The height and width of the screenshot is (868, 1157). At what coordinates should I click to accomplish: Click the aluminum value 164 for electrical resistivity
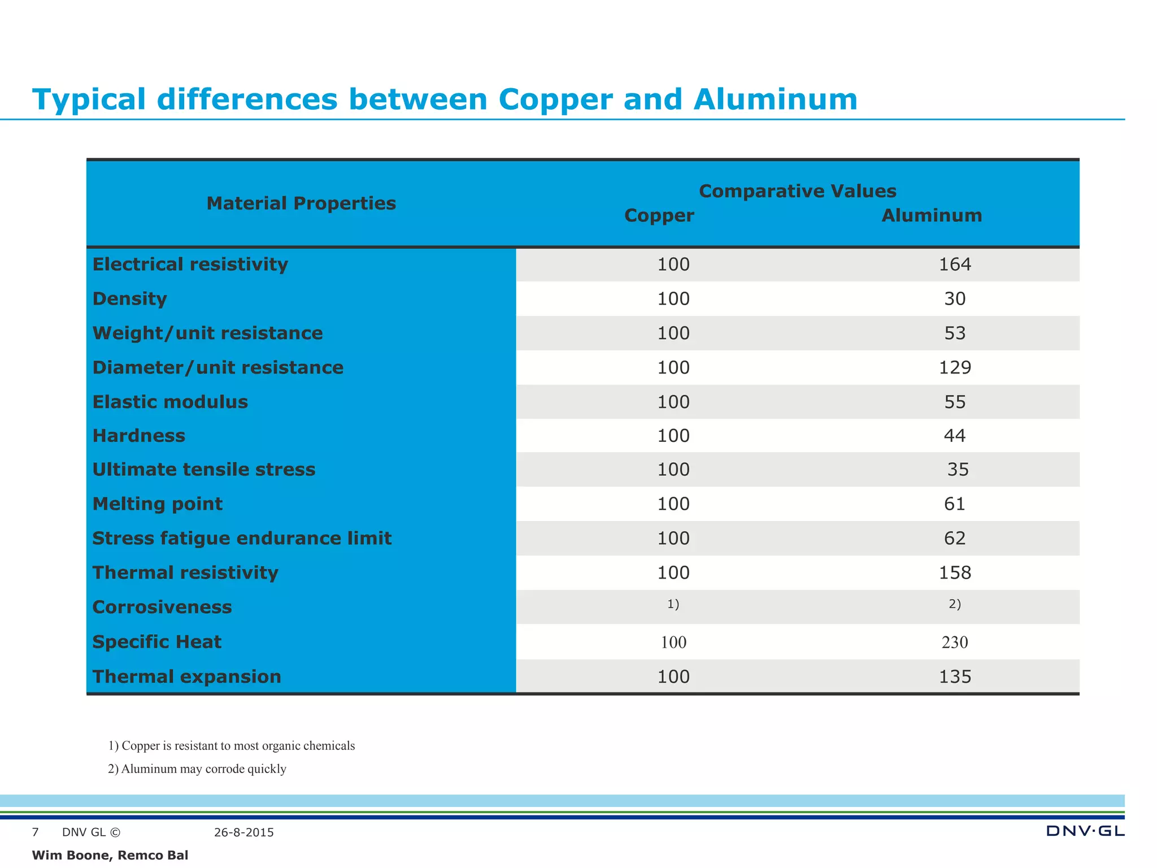[x=954, y=264]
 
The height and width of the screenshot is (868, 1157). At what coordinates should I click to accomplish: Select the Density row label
[x=129, y=298]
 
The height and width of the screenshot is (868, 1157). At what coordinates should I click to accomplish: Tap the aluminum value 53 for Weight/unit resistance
[x=954, y=333]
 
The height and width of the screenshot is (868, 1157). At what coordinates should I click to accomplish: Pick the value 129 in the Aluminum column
[x=954, y=368]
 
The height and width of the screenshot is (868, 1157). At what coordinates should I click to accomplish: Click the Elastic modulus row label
[x=170, y=402]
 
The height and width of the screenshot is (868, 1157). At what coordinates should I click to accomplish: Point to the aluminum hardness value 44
[x=954, y=436]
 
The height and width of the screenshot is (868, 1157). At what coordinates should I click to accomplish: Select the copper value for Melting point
[x=673, y=504]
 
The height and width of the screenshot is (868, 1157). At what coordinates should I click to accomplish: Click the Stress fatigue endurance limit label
[x=242, y=538]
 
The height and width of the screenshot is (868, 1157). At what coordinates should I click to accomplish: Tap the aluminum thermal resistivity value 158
[x=954, y=572]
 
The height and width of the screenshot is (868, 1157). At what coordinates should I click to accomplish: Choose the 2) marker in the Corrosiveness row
[x=954, y=604]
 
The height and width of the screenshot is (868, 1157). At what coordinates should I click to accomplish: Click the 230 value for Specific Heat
[x=954, y=642]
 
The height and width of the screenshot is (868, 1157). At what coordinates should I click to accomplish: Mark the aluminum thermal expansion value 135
[x=954, y=676]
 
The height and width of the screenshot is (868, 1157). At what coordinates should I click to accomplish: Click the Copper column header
[x=659, y=215]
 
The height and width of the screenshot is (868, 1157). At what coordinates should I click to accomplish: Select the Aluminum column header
[x=932, y=215]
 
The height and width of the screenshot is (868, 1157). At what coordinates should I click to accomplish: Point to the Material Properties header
[x=301, y=203]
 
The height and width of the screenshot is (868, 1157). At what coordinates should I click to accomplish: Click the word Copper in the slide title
[x=555, y=99]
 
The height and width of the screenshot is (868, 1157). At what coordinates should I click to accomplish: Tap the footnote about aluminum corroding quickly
[x=197, y=769]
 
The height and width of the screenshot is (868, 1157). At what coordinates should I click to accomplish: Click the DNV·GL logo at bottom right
[x=1085, y=831]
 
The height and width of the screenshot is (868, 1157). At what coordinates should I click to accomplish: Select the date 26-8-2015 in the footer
[x=244, y=832]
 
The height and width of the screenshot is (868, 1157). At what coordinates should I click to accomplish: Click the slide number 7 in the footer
[x=36, y=832]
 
